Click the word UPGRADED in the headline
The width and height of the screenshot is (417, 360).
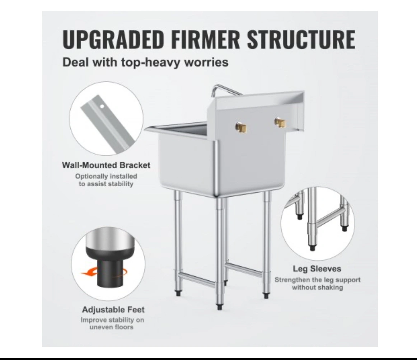(x=113, y=39)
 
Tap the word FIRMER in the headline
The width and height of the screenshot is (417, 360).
(x=206, y=39)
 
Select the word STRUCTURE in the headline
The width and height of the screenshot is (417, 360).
(x=301, y=39)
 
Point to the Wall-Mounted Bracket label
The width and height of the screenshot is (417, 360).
(x=106, y=165)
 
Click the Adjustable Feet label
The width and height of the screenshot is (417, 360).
(x=113, y=310)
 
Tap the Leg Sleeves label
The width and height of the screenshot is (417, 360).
(x=317, y=269)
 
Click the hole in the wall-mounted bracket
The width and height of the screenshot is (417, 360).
(x=102, y=107)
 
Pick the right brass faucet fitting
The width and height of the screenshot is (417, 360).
(x=281, y=122)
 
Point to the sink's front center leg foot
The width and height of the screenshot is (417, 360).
(x=219, y=307)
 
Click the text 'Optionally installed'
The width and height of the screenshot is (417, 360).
(x=106, y=176)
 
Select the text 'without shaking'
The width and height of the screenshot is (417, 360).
(x=318, y=287)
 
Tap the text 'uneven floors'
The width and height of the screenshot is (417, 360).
(x=112, y=327)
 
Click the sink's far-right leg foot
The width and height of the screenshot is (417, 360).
(x=266, y=296)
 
